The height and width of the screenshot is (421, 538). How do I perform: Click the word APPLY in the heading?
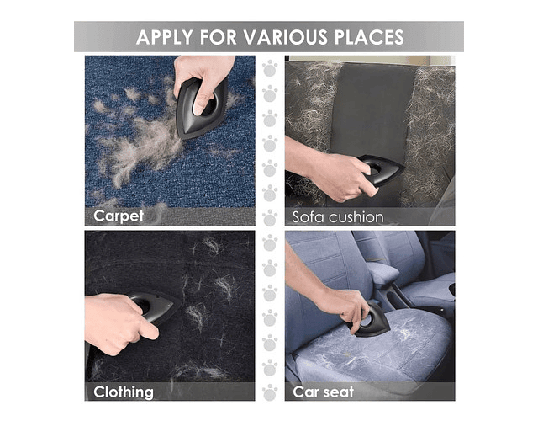(164, 37)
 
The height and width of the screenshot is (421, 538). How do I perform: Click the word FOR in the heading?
(218, 37)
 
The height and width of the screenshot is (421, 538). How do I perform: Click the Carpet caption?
(119, 216)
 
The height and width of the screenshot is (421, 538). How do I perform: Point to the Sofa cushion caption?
(338, 217)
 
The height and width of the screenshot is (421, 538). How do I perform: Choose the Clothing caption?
(124, 392)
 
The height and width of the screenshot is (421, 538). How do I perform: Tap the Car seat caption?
(323, 392)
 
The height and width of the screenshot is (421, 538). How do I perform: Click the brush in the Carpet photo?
(201, 109)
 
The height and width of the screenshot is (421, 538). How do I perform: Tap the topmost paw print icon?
(270, 68)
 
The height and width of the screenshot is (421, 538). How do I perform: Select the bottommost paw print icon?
(270, 392)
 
